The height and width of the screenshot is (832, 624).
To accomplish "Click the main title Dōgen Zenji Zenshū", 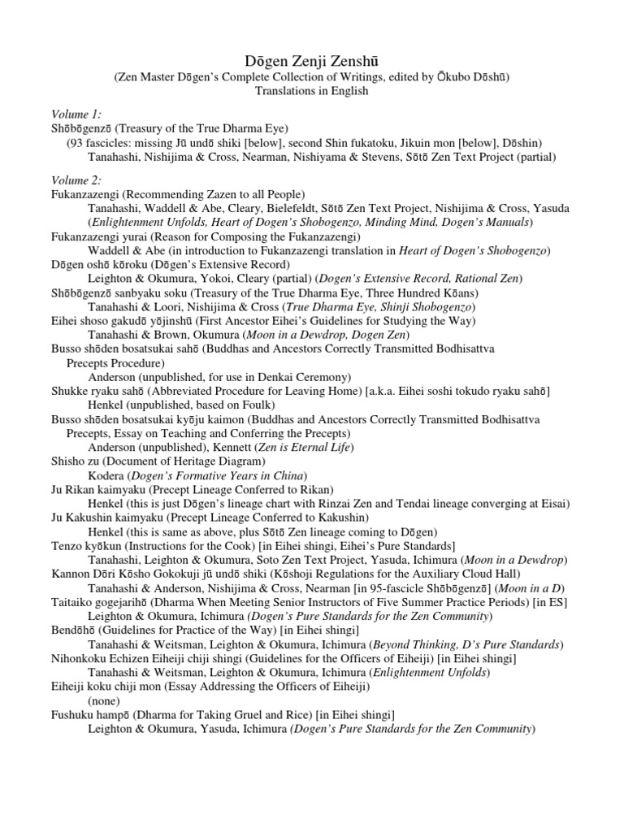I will [311, 60].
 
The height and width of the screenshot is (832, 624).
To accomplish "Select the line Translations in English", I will [311, 91].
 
